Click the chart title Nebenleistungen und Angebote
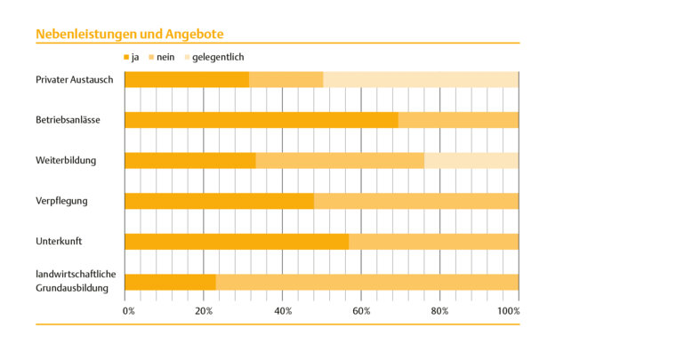tap(129, 34)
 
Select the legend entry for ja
tap(133, 57)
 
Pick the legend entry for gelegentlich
tap(213, 57)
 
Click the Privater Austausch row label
tap(74, 80)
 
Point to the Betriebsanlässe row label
tap(68, 120)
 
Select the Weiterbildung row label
tap(66, 161)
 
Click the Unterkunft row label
tap(60, 241)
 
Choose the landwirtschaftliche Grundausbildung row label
tap(76, 281)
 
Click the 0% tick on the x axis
tap(129, 311)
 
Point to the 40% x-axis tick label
tap(283, 311)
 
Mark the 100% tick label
tap(508, 311)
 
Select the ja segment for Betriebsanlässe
tap(261, 120)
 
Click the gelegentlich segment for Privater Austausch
tap(420, 80)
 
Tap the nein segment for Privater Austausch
tap(286, 80)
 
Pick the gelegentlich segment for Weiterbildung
tap(471, 161)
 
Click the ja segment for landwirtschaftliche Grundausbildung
tap(170, 282)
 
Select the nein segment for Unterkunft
tap(433, 241)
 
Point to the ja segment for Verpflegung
tap(219, 201)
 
